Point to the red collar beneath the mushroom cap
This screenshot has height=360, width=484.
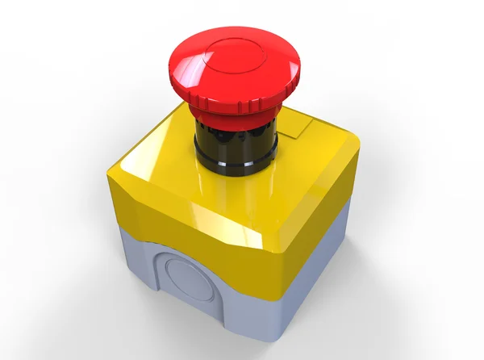click(x=234, y=119)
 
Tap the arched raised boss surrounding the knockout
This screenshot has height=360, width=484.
click(x=161, y=266)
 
